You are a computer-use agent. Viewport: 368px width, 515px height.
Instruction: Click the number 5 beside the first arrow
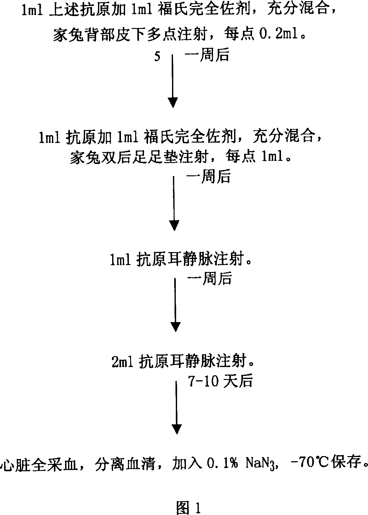157,57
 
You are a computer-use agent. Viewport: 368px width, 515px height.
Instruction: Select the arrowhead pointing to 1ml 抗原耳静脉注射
174,225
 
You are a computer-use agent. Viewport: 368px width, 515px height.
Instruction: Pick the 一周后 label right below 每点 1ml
209,177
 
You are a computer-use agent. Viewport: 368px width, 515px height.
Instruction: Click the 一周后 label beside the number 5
206,56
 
